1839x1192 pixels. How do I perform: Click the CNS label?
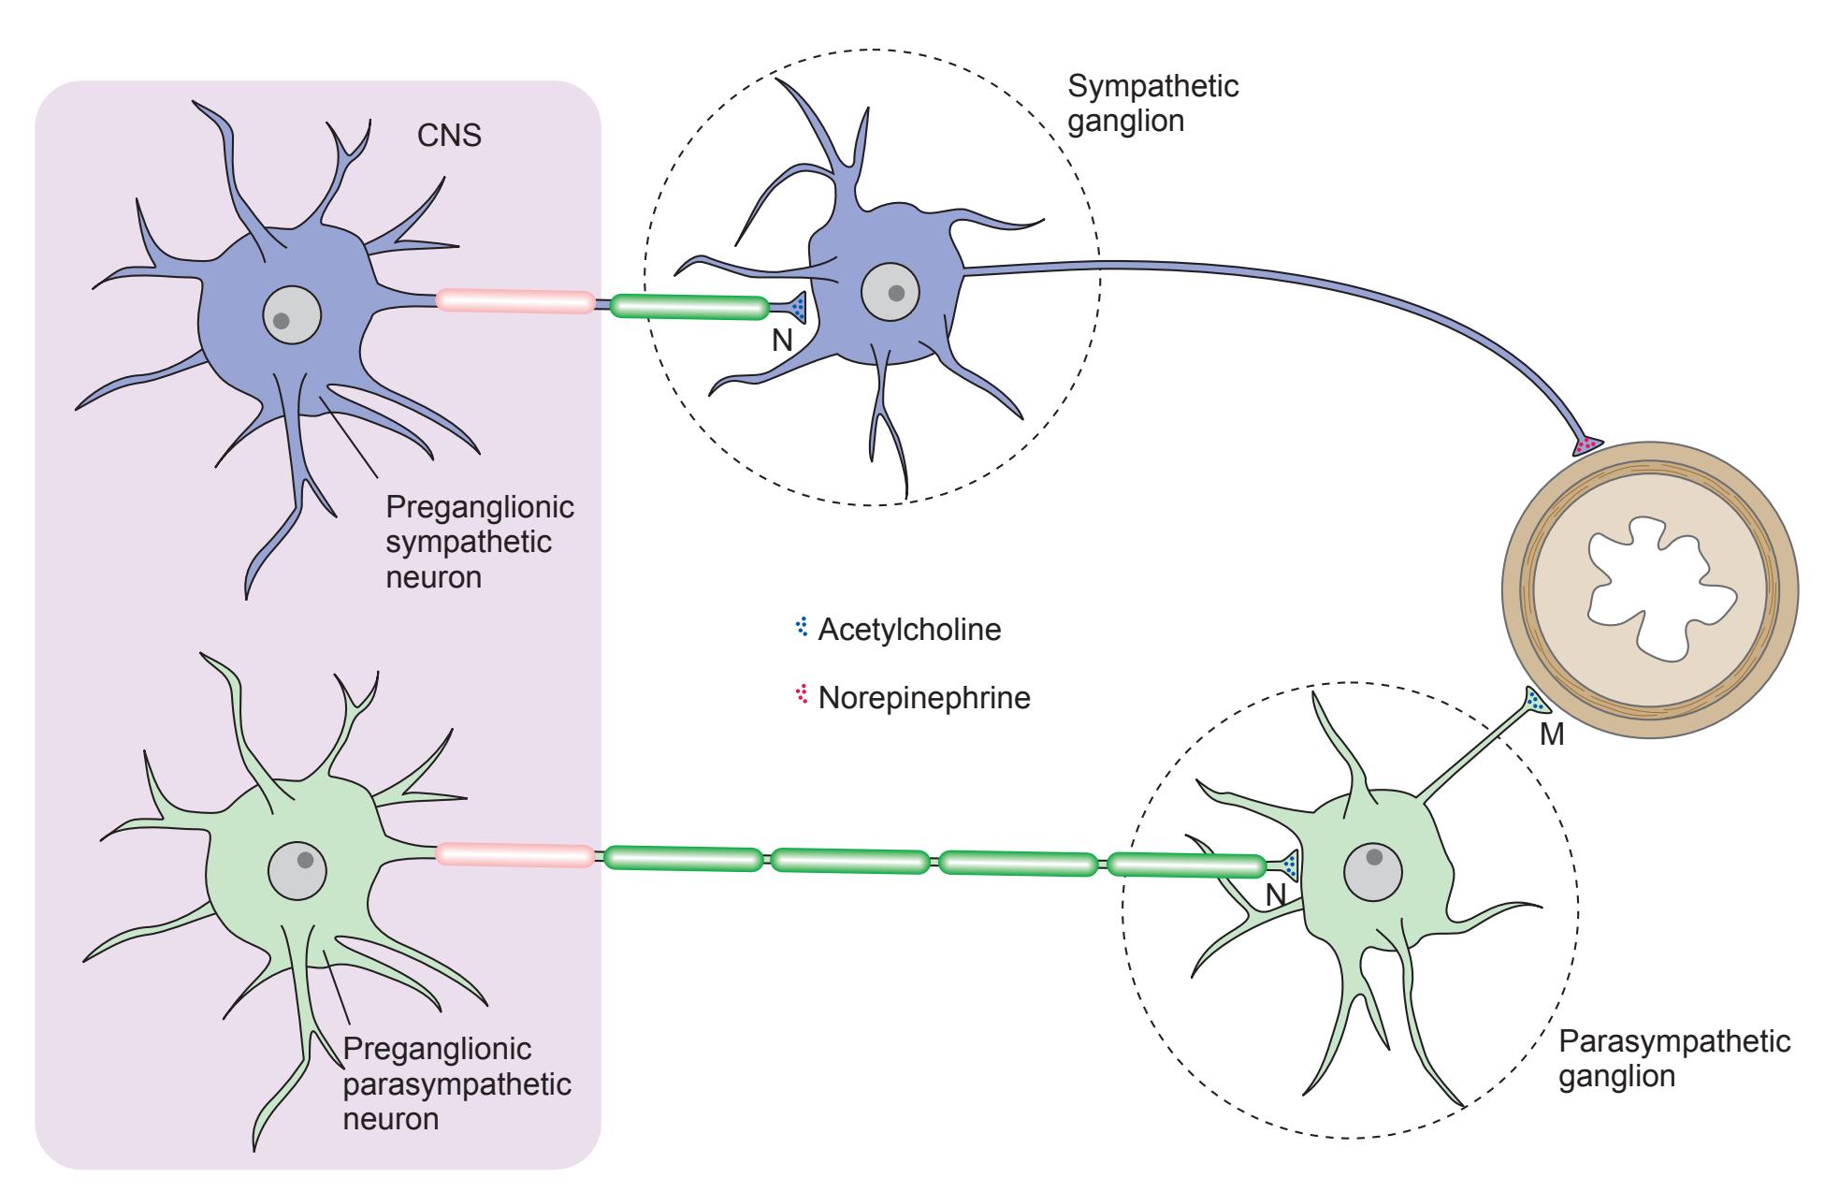(449, 136)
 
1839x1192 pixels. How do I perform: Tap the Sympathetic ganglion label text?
(1152, 104)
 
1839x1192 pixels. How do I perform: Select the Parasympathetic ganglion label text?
(1674, 1058)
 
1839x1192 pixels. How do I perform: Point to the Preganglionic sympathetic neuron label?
(479, 542)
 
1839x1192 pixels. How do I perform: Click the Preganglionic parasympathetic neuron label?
(456, 1083)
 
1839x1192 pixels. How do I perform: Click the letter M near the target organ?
(1551, 735)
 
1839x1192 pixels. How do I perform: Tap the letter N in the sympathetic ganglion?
(782, 342)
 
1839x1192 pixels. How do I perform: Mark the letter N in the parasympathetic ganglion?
(1276, 896)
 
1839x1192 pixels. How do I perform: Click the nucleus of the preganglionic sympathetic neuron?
(292, 315)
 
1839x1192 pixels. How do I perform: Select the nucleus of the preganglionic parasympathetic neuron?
(297, 870)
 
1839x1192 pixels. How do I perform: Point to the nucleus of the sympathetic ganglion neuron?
(889, 293)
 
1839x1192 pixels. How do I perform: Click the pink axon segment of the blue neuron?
(514, 300)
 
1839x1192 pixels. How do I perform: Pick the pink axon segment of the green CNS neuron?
(514, 854)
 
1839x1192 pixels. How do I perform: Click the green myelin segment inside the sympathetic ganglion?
(688, 307)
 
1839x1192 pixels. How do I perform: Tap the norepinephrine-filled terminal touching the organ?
(1586, 444)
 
